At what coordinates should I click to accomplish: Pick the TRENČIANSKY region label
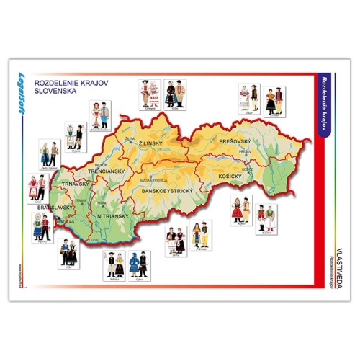(107, 171)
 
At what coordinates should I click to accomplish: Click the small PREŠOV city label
(246, 152)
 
